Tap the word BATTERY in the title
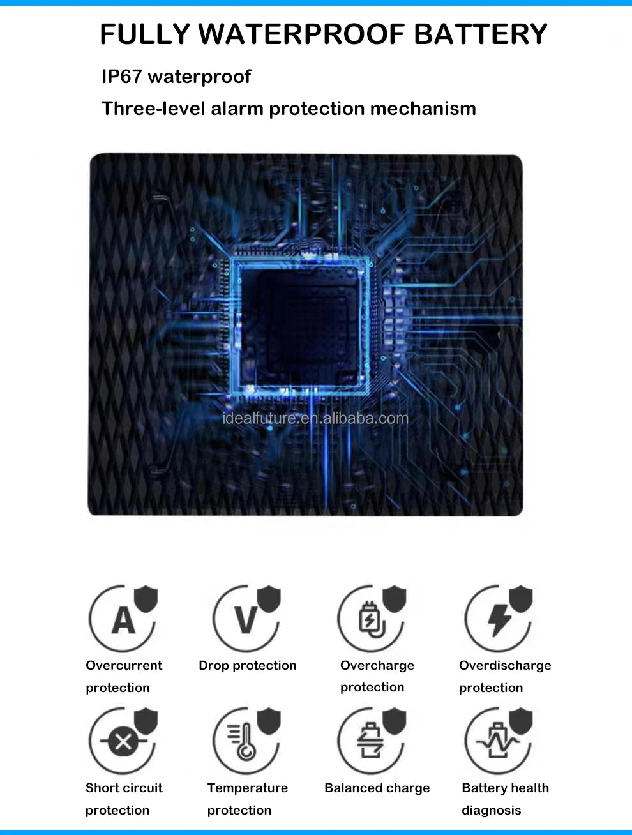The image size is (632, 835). pyautogui.click(x=480, y=34)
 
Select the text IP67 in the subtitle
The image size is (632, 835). pyautogui.click(x=121, y=77)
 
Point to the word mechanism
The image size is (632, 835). pyautogui.click(x=423, y=109)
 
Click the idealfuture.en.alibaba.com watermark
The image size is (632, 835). pyautogui.click(x=315, y=418)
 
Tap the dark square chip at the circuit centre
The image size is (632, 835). pyautogui.click(x=299, y=326)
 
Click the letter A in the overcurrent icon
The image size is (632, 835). pyautogui.click(x=123, y=621)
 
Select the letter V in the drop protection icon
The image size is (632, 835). pyautogui.click(x=246, y=621)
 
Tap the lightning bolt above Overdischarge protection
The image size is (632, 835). pyautogui.click(x=499, y=621)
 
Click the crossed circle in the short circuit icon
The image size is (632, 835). pyautogui.click(x=123, y=741)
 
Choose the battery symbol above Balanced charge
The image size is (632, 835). pyautogui.click(x=370, y=741)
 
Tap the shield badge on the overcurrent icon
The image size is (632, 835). pyautogui.click(x=146, y=599)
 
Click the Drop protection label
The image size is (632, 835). pyautogui.click(x=248, y=665)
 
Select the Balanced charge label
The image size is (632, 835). pyautogui.click(x=377, y=788)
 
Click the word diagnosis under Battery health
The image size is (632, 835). pyautogui.click(x=492, y=810)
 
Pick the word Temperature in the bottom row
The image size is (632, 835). pyautogui.click(x=248, y=788)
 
